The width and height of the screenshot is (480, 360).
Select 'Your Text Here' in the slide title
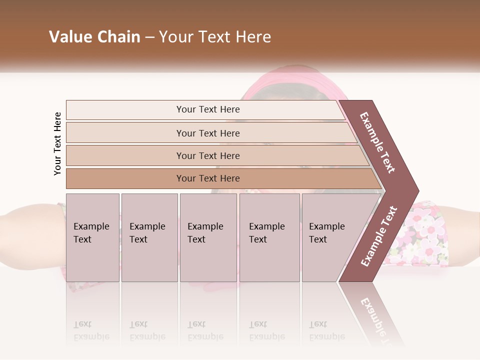point(215,37)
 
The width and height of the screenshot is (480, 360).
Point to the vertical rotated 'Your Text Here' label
point(57,143)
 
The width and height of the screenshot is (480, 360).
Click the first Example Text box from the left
point(92,237)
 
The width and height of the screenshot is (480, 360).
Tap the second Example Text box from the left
point(149,237)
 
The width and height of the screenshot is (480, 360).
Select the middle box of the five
point(208,237)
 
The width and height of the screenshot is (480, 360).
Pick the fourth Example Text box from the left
point(269,237)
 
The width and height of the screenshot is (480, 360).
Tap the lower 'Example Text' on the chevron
point(379,236)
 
